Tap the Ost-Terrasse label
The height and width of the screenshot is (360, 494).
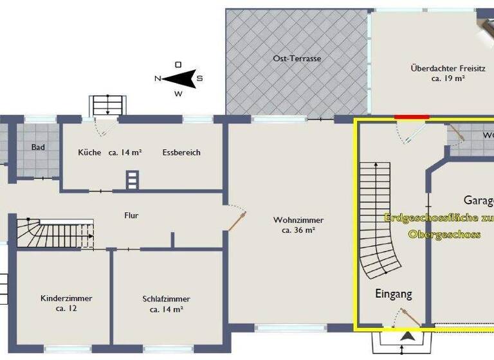click(297, 59)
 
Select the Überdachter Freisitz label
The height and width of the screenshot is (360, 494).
click(439, 67)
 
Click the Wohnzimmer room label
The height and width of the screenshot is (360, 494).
click(298, 220)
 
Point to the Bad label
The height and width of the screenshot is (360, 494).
click(39, 147)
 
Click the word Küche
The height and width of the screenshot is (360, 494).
click(89, 152)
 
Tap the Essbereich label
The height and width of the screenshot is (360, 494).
click(181, 152)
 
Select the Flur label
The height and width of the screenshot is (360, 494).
click(132, 215)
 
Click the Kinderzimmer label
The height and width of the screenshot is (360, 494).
click(66, 298)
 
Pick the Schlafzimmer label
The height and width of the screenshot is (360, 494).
click(167, 299)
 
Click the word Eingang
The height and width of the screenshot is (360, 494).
click(393, 294)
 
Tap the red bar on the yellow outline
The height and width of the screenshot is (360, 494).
click(412, 117)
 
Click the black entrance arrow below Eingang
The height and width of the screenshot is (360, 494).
click(407, 335)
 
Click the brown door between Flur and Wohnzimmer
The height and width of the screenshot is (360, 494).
click(239, 221)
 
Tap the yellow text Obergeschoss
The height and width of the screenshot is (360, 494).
click(444, 234)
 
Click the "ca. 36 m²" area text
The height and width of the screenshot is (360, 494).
click(298, 230)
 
